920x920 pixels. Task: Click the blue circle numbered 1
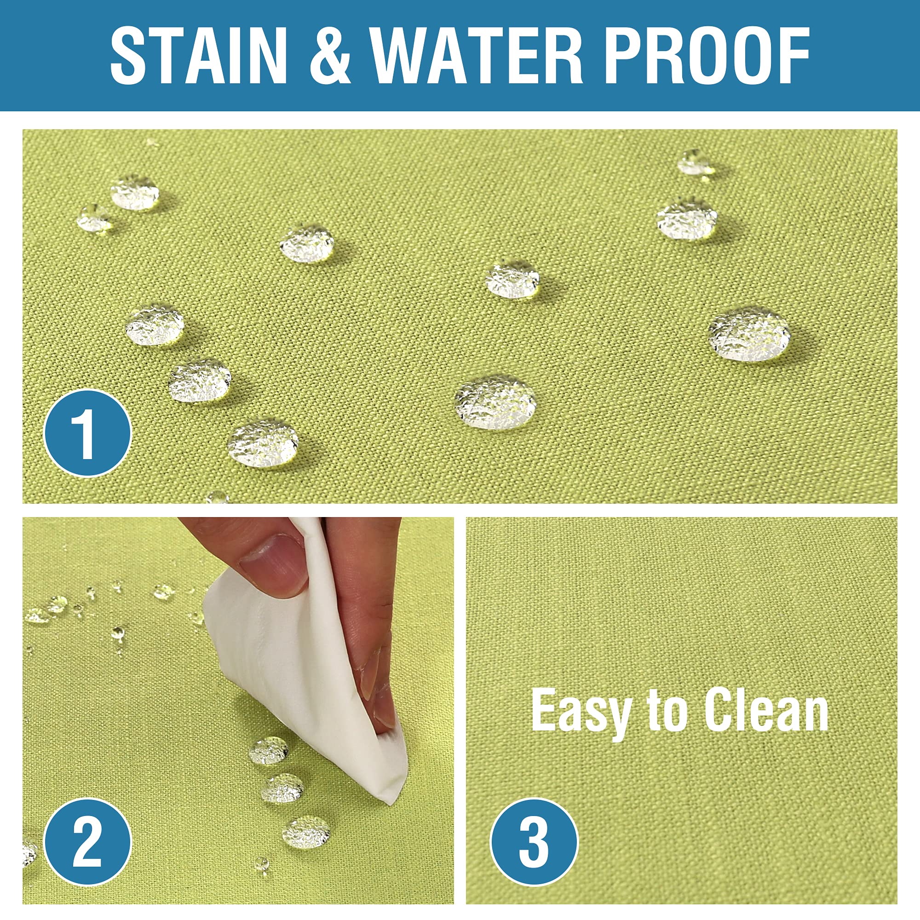87,433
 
